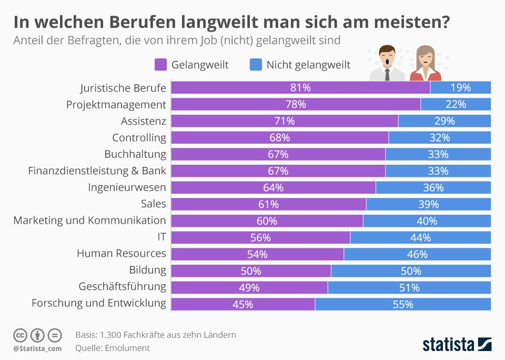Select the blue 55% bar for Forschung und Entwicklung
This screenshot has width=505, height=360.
point(402,304)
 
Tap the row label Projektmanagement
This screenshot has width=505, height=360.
point(116,104)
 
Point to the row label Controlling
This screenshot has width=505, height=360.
point(139,138)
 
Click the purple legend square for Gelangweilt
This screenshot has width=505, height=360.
point(160,65)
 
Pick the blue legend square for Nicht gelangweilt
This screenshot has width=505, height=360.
point(255,65)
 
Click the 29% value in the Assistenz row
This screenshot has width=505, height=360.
point(445,121)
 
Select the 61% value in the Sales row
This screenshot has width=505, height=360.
point(268,204)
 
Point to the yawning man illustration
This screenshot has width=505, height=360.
point(387,63)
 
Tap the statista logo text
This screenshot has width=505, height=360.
point(447,345)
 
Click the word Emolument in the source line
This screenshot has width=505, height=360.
point(127,348)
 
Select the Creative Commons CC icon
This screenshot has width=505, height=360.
point(21,335)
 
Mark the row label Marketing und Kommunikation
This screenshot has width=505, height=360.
point(89,221)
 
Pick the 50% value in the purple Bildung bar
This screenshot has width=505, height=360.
point(251,271)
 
